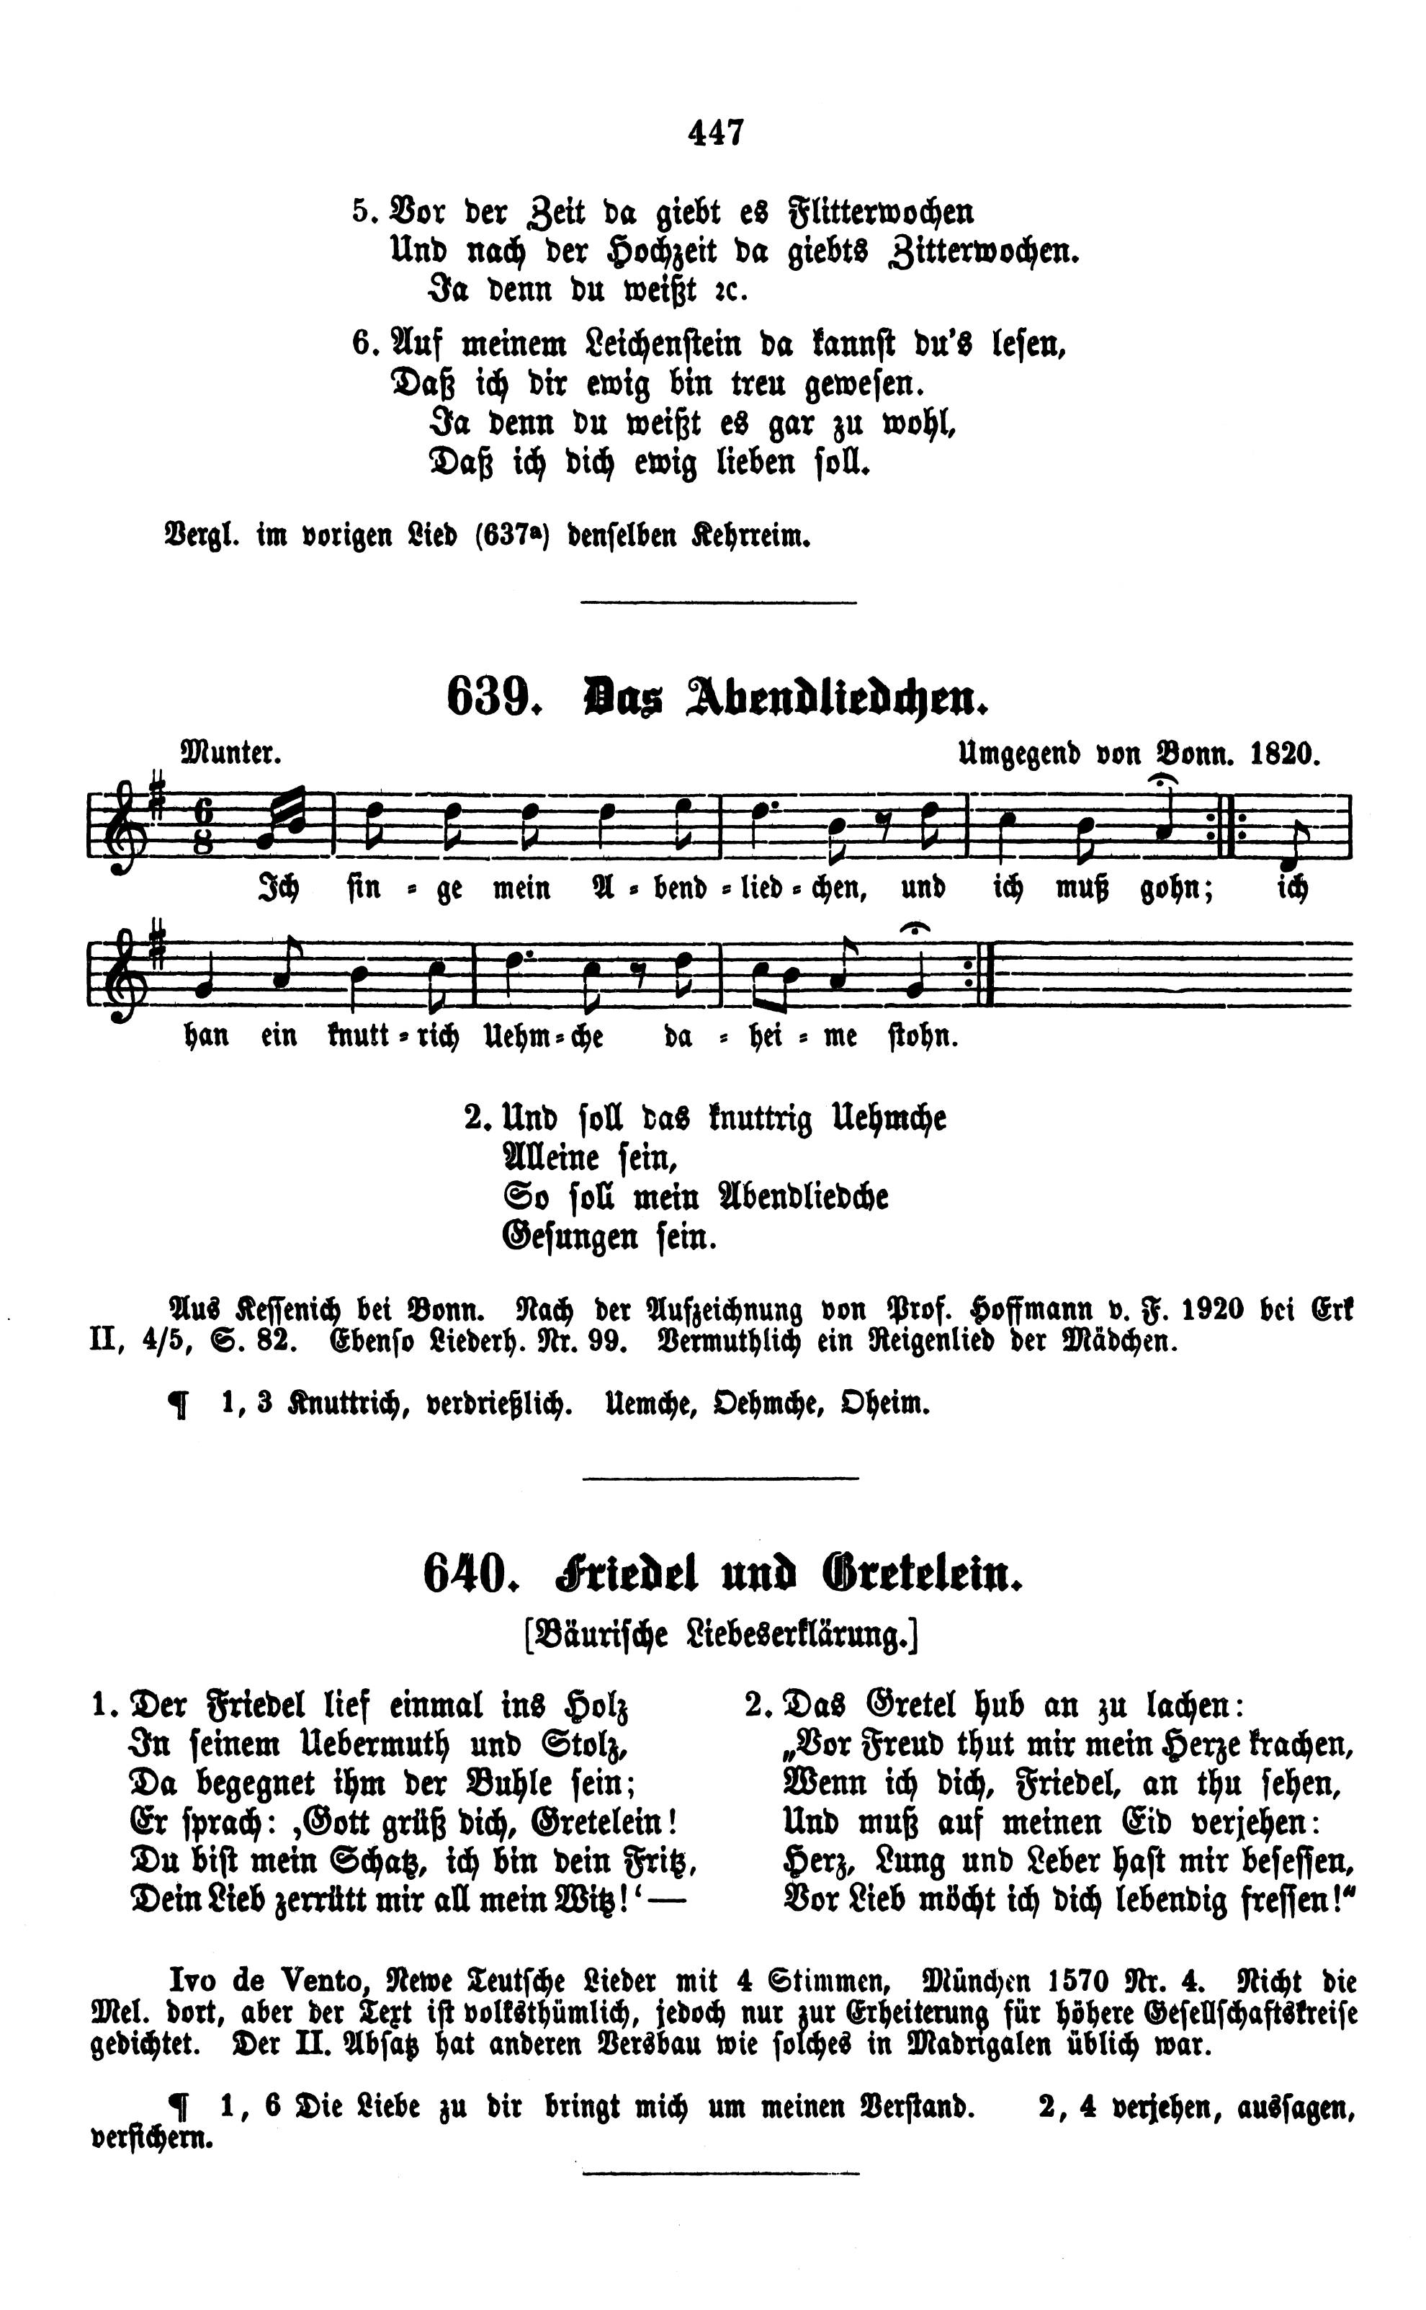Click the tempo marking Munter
point(232,754)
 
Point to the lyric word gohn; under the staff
point(1178,889)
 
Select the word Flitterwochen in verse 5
point(881,213)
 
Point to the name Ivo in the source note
point(193,1979)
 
